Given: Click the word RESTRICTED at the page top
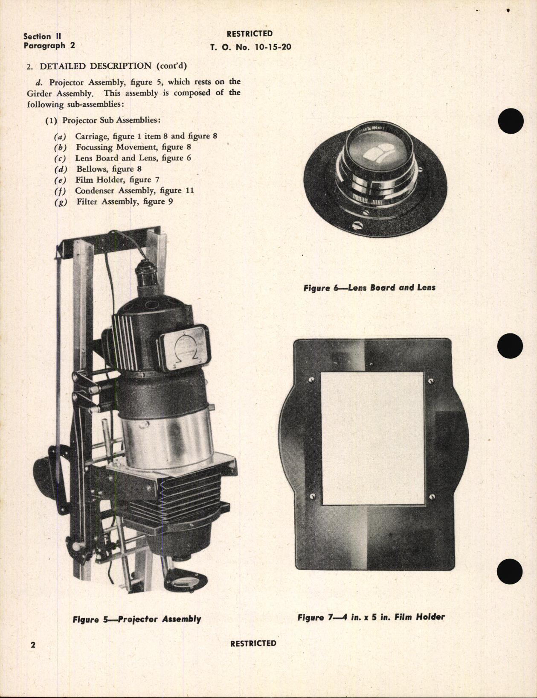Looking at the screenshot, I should point(250,34).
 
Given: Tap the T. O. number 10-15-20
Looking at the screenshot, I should point(250,47).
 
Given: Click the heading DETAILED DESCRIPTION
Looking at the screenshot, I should point(95,66).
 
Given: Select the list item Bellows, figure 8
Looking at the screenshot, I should point(109,169).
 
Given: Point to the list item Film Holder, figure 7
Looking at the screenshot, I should point(117,180).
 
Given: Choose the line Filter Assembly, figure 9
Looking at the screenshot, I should point(125,202).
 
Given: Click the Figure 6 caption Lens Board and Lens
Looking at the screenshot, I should point(369,287).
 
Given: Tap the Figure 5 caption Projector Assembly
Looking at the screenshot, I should point(137,619).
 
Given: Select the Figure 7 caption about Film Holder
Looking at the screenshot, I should point(371,617).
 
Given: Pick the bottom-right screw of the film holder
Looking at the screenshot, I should point(433,496).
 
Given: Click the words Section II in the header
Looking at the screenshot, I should point(42,37).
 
